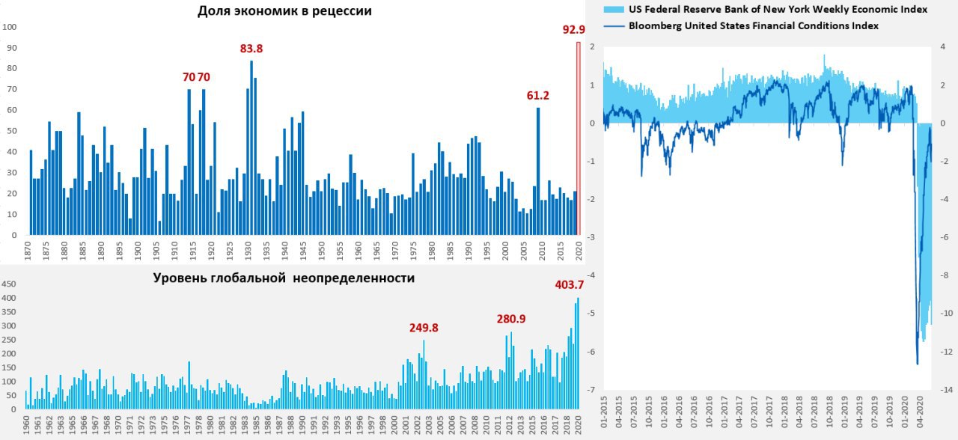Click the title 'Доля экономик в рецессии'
click(x=284, y=11)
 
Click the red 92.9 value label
click(x=573, y=30)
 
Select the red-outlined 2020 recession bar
click(x=579, y=138)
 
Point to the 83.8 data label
click(x=251, y=49)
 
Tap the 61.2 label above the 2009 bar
click(x=538, y=96)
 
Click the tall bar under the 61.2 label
click(x=538, y=172)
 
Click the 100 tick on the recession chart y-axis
click(x=10, y=27)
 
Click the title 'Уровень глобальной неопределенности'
click(x=284, y=278)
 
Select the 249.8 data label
click(x=424, y=328)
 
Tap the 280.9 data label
click(x=511, y=319)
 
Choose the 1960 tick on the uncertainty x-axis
click(x=27, y=429)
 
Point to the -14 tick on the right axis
click(x=947, y=390)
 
